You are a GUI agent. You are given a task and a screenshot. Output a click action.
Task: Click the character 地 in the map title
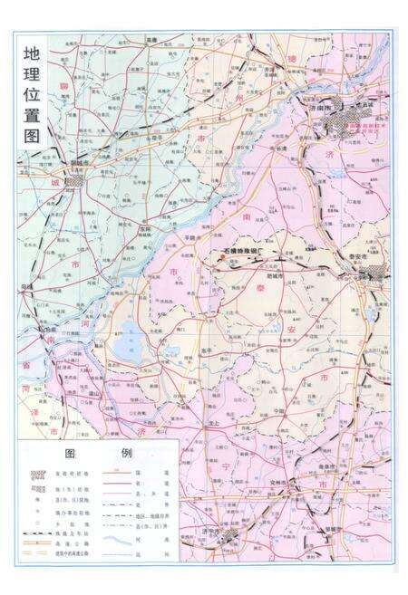[x=33, y=53]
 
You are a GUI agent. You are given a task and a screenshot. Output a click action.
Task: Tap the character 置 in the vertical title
[x=33, y=111]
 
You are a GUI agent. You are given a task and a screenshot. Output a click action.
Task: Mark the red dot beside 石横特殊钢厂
[x=219, y=256]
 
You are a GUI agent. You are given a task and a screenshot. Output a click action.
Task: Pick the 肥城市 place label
[x=272, y=273]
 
